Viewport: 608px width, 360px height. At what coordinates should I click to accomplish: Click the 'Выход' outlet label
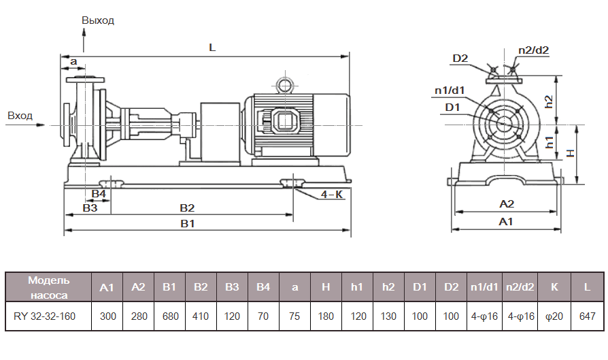click(x=98, y=20)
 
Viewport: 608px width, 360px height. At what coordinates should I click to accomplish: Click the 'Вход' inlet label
click(x=20, y=116)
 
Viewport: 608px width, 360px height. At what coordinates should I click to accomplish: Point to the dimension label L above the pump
click(x=212, y=48)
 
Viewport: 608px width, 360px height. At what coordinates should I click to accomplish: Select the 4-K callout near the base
click(x=331, y=195)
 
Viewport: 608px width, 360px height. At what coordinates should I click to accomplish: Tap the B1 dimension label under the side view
click(x=188, y=224)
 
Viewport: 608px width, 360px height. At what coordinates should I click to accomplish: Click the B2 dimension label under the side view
click(x=187, y=208)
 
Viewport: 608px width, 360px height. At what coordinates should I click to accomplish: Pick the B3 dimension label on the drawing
click(x=90, y=208)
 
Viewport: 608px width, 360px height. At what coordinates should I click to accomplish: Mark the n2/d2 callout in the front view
click(x=533, y=50)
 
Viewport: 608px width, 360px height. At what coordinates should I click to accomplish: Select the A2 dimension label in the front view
click(x=507, y=203)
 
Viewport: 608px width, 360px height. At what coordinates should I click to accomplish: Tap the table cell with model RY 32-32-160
click(x=48, y=316)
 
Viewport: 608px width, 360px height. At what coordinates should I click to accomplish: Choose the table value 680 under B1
click(x=169, y=316)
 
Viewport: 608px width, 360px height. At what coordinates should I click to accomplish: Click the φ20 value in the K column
click(x=554, y=316)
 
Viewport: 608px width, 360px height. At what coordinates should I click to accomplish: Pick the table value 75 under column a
click(x=294, y=316)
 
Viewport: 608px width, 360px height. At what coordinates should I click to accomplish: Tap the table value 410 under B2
click(x=200, y=316)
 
